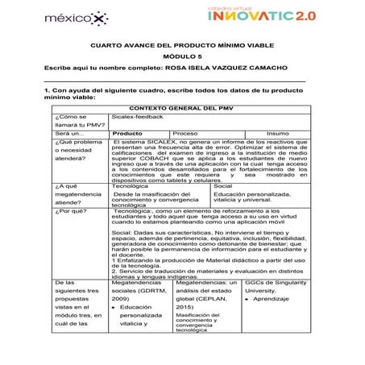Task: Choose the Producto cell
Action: pyautogui.click(x=128, y=133)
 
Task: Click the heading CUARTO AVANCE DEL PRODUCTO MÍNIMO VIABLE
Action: pyautogui.click(x=181, y=46)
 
